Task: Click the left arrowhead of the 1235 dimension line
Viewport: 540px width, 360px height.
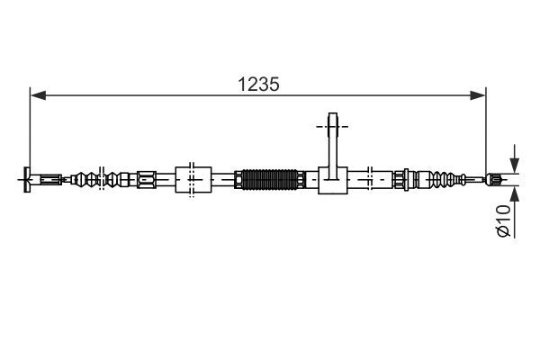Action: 36,93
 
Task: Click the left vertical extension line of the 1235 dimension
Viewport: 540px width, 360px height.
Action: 31,126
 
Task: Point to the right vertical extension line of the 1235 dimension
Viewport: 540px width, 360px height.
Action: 486,126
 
